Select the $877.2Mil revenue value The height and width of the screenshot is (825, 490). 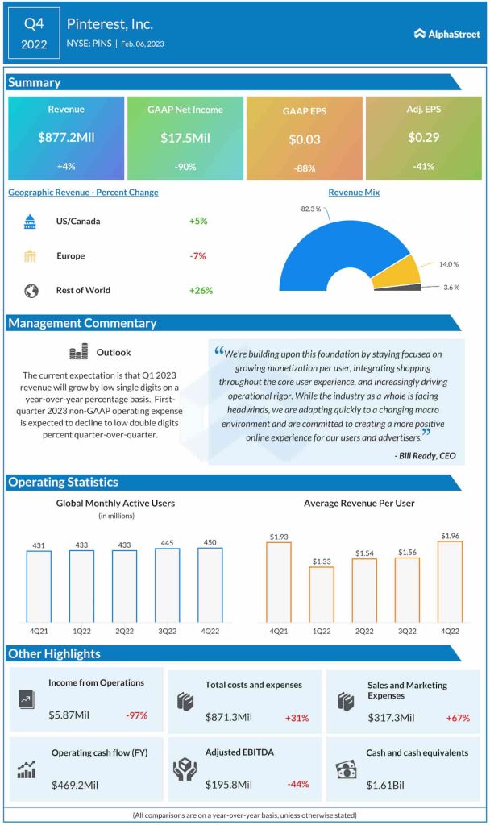click(66, 138)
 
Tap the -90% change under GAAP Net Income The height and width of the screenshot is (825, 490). click(185, 167)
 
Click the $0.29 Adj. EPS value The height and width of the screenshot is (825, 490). click(423, 138)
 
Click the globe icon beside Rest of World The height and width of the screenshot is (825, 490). click(31, 290)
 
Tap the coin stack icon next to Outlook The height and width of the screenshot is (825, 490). click(78, 352)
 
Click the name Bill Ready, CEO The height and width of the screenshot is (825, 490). click(426, 455)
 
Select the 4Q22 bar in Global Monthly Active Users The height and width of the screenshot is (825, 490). click(210, 585)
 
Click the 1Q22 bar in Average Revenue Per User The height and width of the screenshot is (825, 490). click(322, 594)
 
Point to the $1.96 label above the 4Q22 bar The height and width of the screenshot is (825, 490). click(450, 534)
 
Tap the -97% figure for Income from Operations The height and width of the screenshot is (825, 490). click(136, 715)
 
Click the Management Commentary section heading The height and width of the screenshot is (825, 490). click(82, 323)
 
